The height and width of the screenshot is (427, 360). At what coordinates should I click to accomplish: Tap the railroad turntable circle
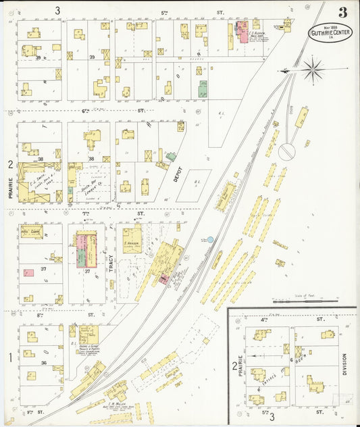coord(286,151)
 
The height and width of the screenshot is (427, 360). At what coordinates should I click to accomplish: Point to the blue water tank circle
coord(210,240)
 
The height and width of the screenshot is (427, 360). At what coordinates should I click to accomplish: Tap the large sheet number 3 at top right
coord(343,12)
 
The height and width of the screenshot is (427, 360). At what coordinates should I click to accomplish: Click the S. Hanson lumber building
coord(132,238)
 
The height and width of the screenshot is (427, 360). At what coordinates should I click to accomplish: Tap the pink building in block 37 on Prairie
coord(29,274)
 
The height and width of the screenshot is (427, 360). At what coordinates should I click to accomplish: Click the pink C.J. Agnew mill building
coord(242,32)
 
